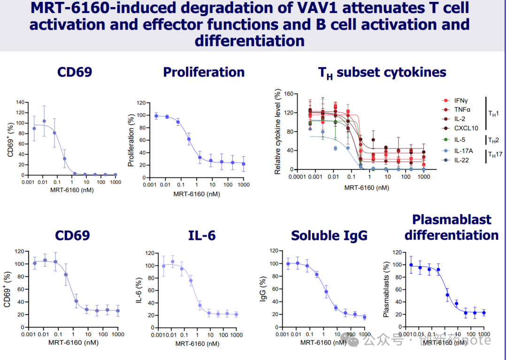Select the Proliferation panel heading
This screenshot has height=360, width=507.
pyautogui.click(x=204, y=72)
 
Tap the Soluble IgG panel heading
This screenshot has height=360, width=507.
pyautogui.click(x=329, y=236)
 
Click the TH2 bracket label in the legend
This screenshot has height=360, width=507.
pyautogui.click(x=494, y=140)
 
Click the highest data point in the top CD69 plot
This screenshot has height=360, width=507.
pyautogui.click(x=44, y=121)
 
